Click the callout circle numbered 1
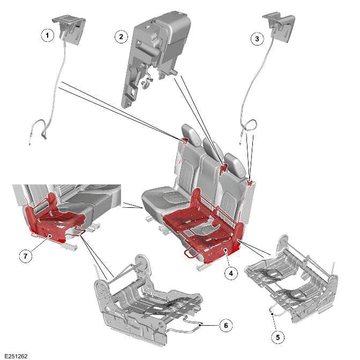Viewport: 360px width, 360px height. click(48, 35)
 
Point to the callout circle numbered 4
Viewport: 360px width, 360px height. click(230, 273)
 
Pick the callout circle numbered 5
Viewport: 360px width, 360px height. click(277, 337)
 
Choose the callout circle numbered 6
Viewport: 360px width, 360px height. click(226, 324)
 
